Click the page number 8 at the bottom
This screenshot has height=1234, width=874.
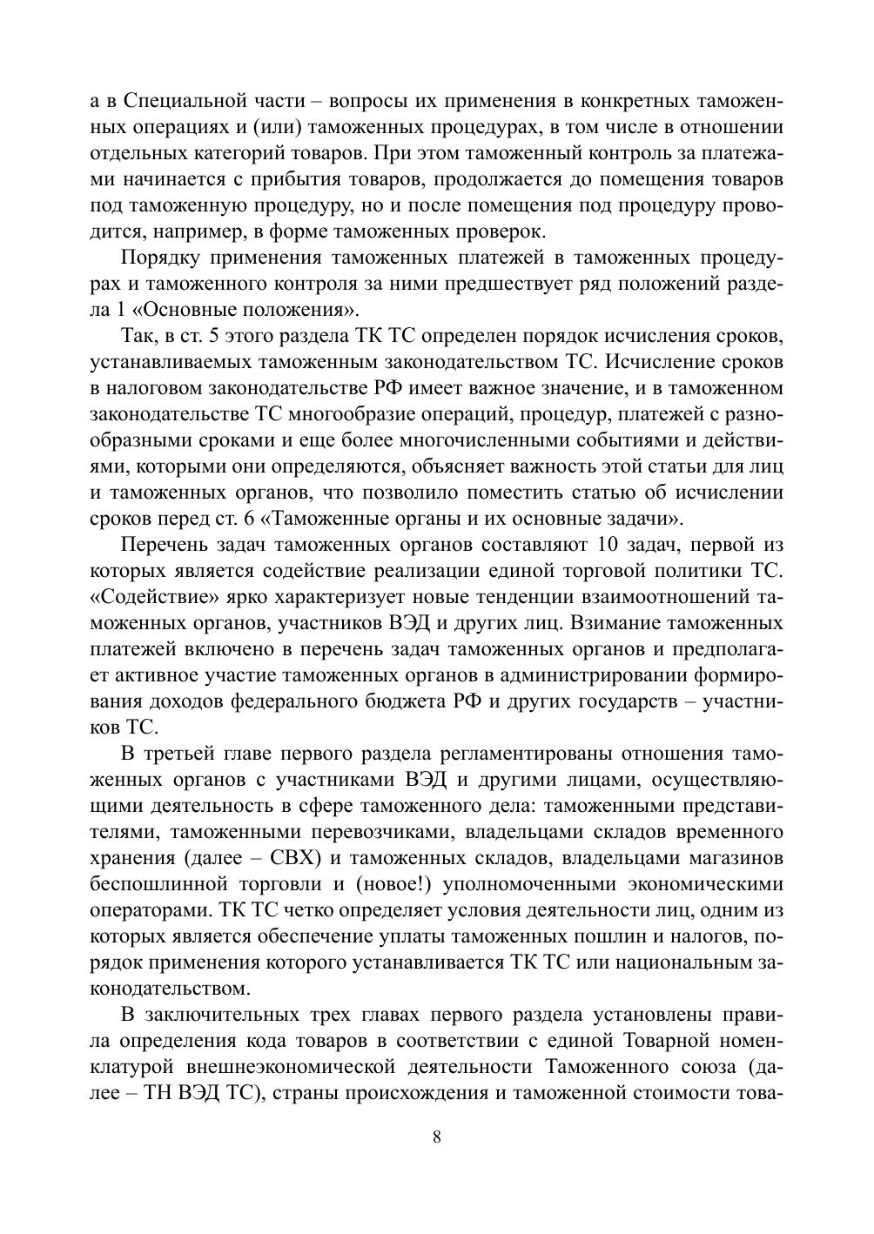tap(437, 1137)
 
